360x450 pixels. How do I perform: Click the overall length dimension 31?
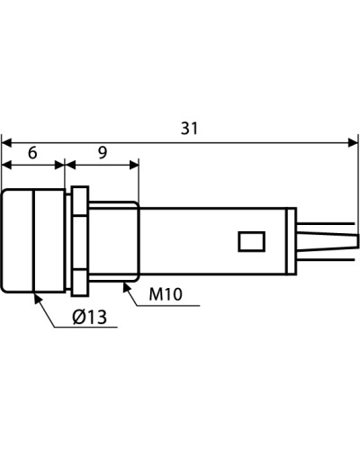(x=190, y=129)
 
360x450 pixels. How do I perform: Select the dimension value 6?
(x=32, y=153)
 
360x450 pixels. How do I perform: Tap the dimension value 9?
(x=103, y=153)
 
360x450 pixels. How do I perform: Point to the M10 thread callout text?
(x=166, y=294)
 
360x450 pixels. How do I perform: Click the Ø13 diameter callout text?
(x=90, y=317)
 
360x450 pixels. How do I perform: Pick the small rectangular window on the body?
(x=252, y=241)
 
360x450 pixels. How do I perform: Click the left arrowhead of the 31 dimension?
(x=6, y=143)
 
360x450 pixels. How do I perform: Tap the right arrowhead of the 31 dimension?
(x=353, y=143)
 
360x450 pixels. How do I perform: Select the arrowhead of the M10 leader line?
(x=128, y=287)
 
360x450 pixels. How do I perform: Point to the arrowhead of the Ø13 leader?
(x=37, y=299)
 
